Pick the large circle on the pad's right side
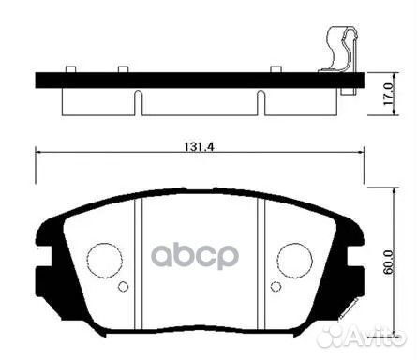(x=294, y=258)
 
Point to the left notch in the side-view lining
(x=136, y=100)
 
